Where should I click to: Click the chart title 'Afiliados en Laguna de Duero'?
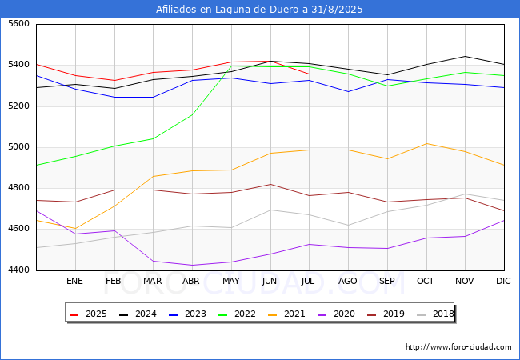point(259,10)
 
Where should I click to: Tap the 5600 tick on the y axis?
point(18,25)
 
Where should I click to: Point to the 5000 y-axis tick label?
point(18,147)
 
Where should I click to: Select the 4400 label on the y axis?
point(18,270)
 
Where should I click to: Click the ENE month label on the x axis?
point(74,282)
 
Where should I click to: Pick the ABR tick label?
point(191,282)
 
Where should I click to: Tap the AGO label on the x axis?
point(347,282)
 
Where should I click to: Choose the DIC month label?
point(503,282)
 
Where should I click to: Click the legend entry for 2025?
point(90,314)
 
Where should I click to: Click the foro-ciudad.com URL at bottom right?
point(458,347)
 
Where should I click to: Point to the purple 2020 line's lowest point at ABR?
point(192,266)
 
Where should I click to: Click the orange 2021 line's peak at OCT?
point(426,144)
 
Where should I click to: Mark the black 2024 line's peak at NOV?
point(465,56)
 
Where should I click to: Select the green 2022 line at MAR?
point(153,138)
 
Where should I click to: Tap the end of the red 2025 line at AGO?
point(347,74)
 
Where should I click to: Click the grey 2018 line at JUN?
point(270,210)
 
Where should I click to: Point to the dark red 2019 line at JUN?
point(270,184)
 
